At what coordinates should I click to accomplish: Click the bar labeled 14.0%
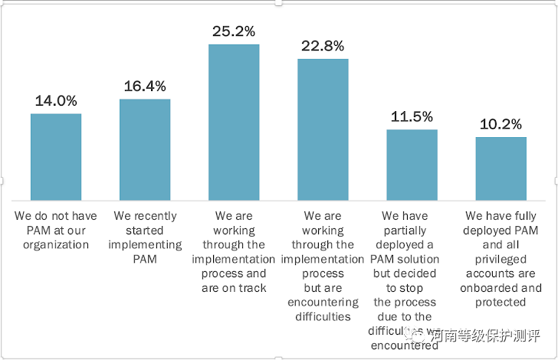[56, 157]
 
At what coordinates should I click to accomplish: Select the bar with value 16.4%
[145, 150]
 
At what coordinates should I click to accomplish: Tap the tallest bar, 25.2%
[234, 123]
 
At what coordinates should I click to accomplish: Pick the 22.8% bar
[323, 129]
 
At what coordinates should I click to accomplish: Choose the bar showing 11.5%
[412, 165]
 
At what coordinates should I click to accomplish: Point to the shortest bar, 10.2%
[501, 169]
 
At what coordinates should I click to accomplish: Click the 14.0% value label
[56, 101]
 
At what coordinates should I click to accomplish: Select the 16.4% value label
[145, 87]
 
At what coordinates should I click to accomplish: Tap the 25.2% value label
[234, 32]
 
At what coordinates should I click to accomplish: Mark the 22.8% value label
[323, 46]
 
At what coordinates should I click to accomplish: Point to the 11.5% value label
[412, 117]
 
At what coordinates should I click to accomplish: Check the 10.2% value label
[501, 124]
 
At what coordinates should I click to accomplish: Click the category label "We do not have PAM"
[56, 230]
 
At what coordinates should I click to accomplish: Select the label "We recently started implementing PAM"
[145, 237]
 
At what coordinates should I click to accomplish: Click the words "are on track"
[234, 288]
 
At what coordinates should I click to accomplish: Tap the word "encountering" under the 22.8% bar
[323, 302]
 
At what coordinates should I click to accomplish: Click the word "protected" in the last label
[501, 302]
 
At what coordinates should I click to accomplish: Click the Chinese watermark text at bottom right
[483, 335]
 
